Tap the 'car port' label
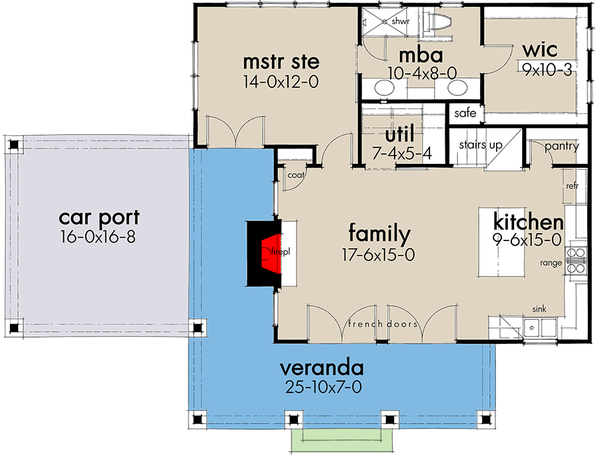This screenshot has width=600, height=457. click(99, 217)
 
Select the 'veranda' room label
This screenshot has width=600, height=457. click(321, 368)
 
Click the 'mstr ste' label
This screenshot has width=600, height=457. click(281, 62)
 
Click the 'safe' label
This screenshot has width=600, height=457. click(465, 113)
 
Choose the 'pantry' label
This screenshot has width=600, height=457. click(561, 147)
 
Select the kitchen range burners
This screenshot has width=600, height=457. click(575, 260)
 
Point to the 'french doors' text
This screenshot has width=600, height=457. click(382, 324)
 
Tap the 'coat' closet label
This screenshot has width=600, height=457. click(295, 175)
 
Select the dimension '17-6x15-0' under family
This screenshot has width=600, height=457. click(379, 254)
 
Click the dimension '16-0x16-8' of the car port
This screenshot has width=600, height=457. click(99, 237)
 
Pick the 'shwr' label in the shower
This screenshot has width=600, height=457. click(400, 21)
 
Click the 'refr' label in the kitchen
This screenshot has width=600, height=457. click(571, 187)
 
